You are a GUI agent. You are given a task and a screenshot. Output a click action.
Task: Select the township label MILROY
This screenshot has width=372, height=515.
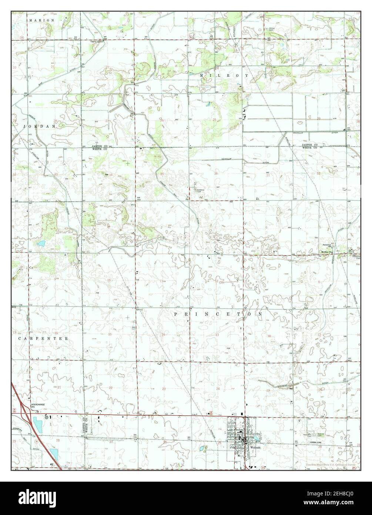tap(224, 75)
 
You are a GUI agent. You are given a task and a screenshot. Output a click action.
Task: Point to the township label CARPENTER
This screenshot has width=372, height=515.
tap(43, 339)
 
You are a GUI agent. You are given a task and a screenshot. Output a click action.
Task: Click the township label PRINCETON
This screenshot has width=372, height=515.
tap(219, 314)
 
